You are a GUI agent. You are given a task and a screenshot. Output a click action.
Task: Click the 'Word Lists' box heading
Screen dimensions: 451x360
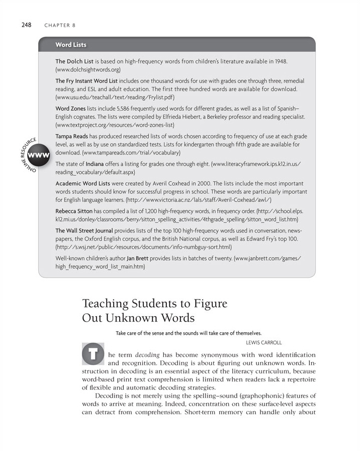pyautogui.click(x=71, y=45)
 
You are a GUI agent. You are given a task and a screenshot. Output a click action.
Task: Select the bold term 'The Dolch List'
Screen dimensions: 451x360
pyautogui.click(x=74, y=61)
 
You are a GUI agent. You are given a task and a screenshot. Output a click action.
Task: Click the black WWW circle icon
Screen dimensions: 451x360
pyautogui.click(x=39, y=155)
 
